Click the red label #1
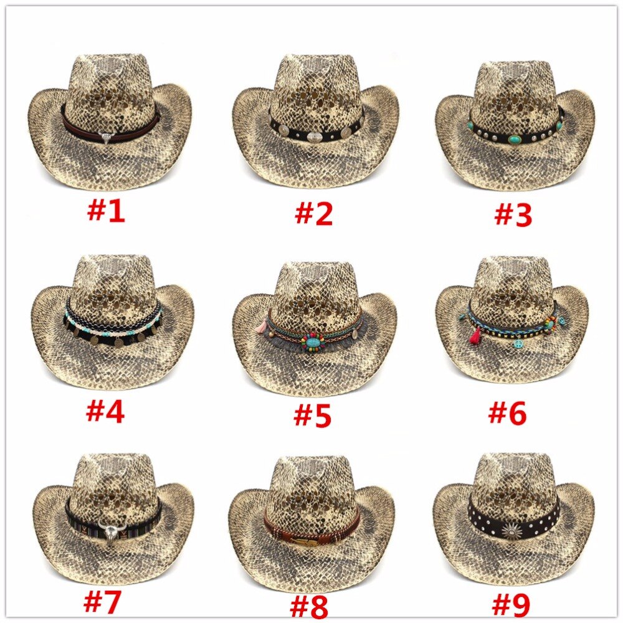(x=106, y=211)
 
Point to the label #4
(x=105, y=411)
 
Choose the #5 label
(x=313, y=416)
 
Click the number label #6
(x=507, y=412)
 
